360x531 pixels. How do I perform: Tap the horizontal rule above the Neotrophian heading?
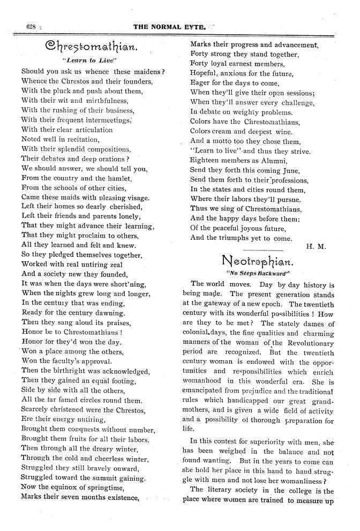(262, 249)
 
